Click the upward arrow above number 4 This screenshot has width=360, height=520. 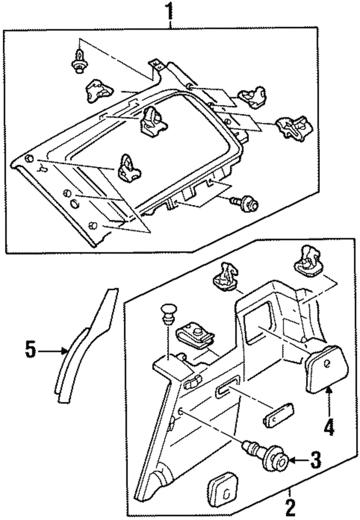[x=329, y=398]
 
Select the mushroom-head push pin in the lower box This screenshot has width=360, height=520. [x=169, y=315]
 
